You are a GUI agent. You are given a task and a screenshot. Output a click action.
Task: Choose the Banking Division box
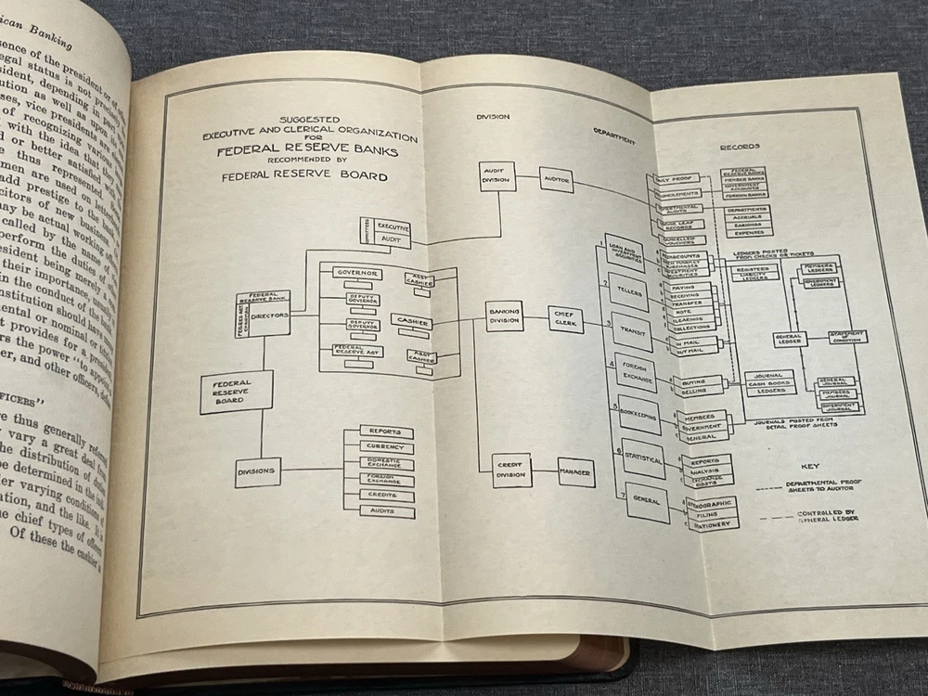click(x=504, y=316)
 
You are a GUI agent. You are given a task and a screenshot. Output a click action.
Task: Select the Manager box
click(x=575, y=471)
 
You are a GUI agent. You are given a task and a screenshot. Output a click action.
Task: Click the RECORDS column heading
click(x=740, y=146)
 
